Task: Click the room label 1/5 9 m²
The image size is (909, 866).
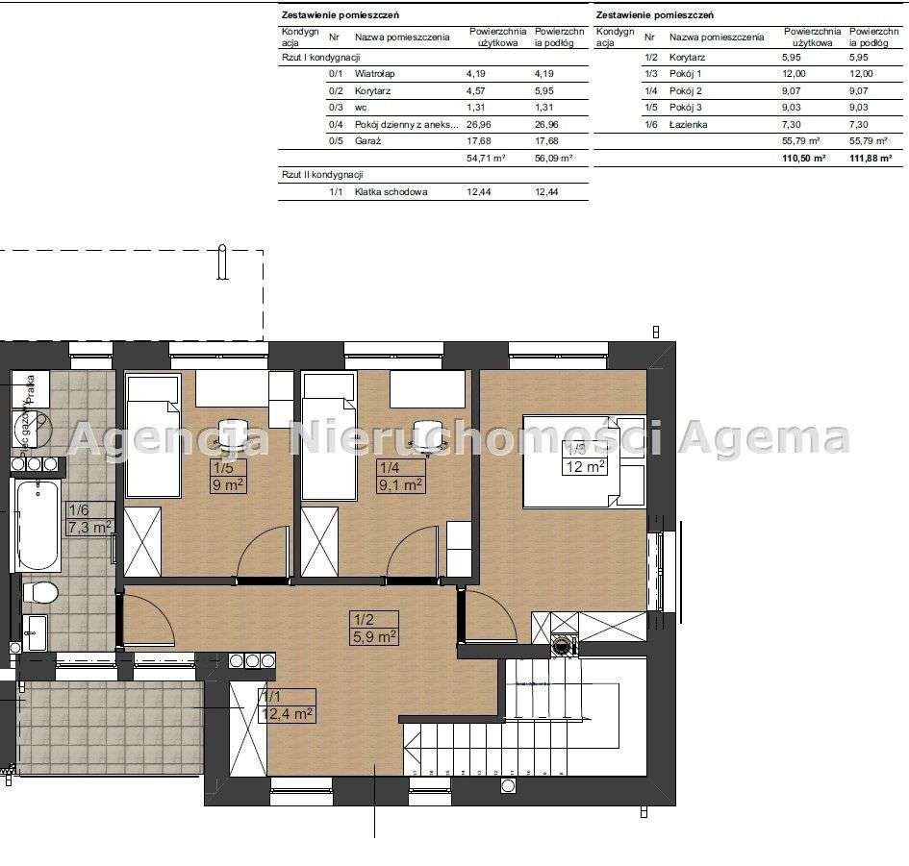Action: [228, 476]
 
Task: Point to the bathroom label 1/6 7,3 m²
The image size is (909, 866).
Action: [89, 518]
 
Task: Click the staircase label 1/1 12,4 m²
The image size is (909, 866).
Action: [286, 705]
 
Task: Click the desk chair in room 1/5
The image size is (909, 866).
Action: [231, 434]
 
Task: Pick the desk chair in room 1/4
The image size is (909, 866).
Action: [426, 434]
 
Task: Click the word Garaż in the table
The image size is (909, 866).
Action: [368, 141]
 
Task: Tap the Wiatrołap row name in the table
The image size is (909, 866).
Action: [375, 73]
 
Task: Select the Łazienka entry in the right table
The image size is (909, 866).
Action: [691, 125]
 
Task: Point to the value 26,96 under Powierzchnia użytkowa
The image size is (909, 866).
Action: [484, 124]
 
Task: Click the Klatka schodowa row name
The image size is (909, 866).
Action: [391, 192]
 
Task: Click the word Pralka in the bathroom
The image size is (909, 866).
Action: [32, 388]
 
